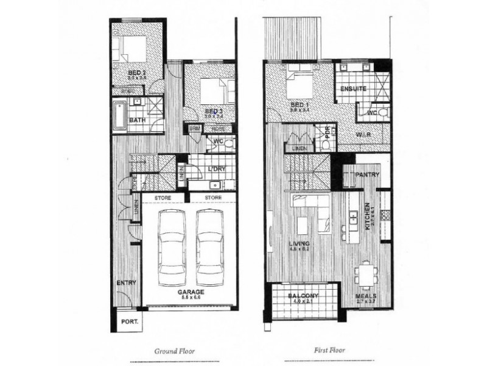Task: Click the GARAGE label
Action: pos(191,292)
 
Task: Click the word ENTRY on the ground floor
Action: pos(126,283)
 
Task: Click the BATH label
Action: pos(137,120)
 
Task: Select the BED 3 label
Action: pos(212,110)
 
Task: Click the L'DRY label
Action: pos(216,168)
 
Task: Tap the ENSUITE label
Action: pos(353,89)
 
